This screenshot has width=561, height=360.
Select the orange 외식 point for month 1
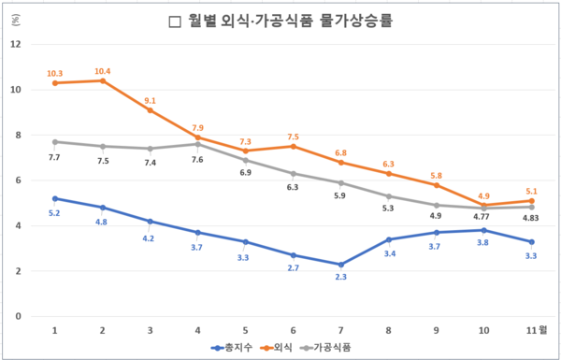click(x=55, y=83)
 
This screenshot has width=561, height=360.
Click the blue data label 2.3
click(x=340, y=277)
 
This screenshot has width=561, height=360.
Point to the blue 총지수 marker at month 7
click(x=340, y=265)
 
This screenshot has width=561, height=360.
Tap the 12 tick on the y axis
click(x=16, y=44)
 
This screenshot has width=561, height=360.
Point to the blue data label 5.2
click(x=55, y=211)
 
